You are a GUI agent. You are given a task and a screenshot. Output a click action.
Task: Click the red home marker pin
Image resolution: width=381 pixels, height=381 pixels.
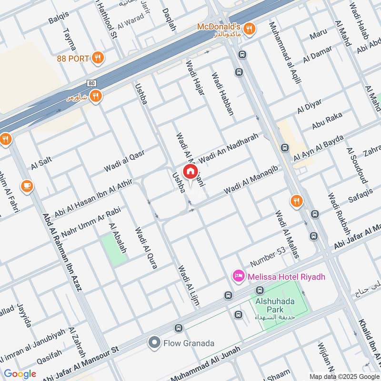[x=190, y=171]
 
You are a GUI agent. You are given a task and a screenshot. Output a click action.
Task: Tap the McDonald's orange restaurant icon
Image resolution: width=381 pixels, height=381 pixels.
[x=251, y=30]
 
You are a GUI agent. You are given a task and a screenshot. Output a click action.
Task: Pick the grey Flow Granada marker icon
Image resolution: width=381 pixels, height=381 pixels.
[x=154, y=342]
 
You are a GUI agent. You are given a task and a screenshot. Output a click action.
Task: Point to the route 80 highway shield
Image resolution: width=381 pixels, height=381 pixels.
[x=92, y=83]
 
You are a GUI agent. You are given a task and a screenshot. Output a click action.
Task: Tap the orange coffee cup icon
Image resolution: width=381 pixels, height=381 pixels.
[x=27, y=186]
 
